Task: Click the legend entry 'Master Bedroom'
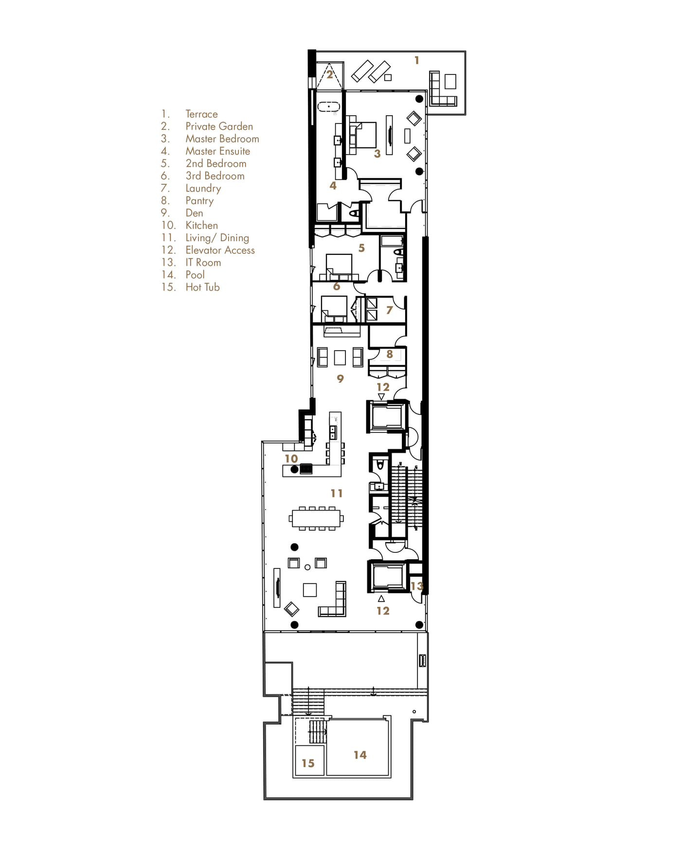222,139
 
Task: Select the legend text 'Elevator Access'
220,250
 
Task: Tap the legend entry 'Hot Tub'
202,287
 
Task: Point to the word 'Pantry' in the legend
199,201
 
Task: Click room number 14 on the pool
360,755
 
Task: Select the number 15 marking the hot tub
308,763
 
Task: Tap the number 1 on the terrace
416,60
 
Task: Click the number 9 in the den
340,378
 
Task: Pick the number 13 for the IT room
417,586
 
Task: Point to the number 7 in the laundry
389,310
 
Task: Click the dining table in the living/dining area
317,518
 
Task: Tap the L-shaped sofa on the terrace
443,89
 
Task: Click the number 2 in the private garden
329,75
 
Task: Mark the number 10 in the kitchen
291,459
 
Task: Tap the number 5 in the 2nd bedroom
361,248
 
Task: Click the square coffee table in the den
340,358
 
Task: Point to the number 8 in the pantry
389,354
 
